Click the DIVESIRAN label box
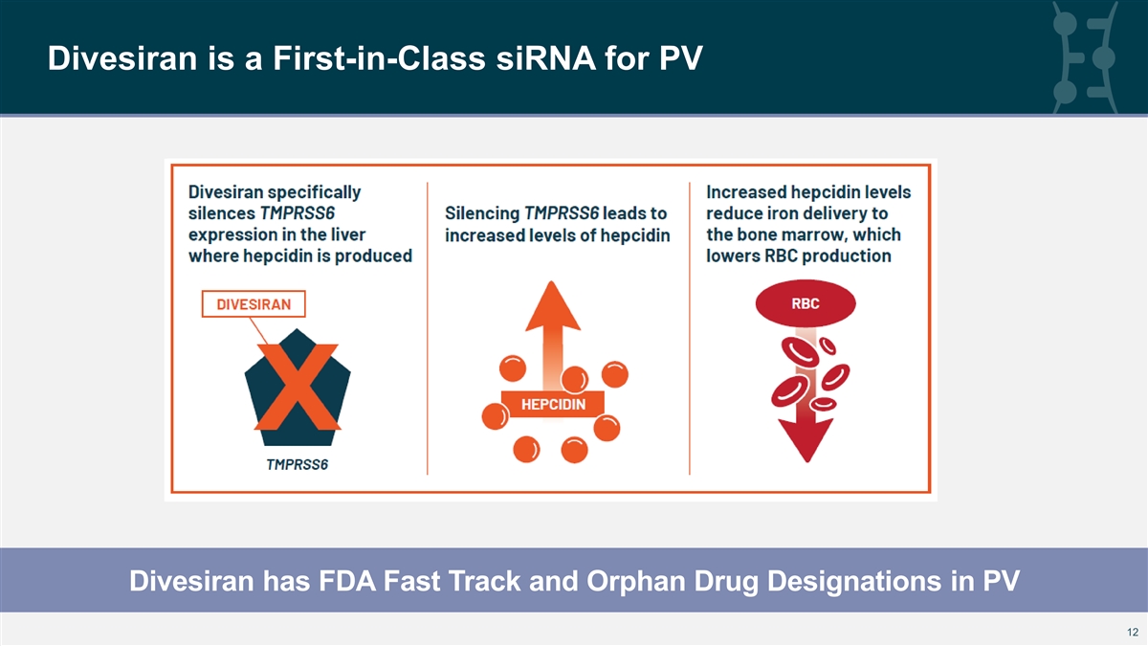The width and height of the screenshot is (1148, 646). click(254, 304)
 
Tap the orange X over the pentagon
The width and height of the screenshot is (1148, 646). click(298, 387)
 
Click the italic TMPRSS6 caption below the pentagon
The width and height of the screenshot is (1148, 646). click(298, 464)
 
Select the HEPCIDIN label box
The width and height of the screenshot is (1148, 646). click(553, 405)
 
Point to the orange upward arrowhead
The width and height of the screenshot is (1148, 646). click(553, 305)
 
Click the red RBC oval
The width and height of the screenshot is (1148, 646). click(806, 303)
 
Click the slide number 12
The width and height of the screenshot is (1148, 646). click(1132, 633)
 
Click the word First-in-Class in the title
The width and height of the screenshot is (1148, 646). click(379, 58)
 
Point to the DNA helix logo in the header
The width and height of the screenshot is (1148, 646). click(1086, 57)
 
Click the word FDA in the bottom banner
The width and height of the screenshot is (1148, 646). click(347, 581)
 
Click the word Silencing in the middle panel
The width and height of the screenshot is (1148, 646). click(482, 213)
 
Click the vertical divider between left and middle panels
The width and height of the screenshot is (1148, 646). click(428, 328)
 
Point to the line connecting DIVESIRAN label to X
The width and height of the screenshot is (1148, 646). click(259, 331)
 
